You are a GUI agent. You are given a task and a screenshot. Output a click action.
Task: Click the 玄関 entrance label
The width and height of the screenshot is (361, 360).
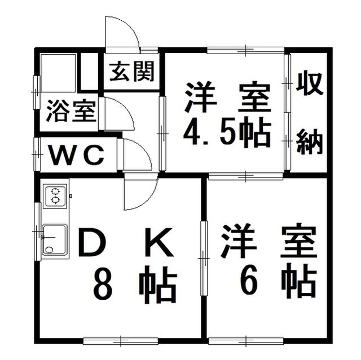[131, 71]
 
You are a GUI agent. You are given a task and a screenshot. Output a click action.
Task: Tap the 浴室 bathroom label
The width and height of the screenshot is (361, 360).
[71, 111]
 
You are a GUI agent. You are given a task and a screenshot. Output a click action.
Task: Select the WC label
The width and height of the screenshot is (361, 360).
[77, 155]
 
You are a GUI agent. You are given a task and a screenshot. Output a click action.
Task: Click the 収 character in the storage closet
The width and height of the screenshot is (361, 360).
[310, 84]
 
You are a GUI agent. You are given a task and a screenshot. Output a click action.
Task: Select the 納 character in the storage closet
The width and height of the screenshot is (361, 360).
[310, 141]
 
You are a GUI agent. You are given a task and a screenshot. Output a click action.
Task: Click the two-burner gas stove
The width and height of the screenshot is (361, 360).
[55, 195]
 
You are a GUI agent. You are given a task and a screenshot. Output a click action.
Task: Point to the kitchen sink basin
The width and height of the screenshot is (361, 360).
[55, 239]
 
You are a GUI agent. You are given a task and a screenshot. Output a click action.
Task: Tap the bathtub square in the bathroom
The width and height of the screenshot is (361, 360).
[58, 73]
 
